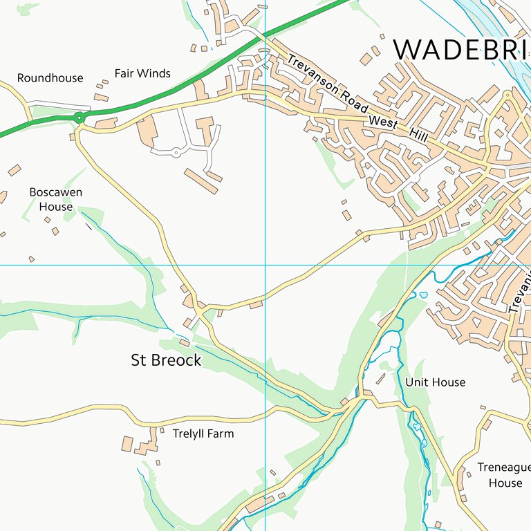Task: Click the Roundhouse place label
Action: tap(50, 78)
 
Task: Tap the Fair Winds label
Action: tap(142, 73)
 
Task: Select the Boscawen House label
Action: tap(55, 199)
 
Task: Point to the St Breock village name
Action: tap(166, 360)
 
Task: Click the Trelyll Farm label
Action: tap(203, 434)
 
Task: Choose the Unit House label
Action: tap(435, 382)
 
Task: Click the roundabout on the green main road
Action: tap(80, 118)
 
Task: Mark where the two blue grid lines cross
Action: tap(265, 265)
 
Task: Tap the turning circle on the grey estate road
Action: tap(176, 152)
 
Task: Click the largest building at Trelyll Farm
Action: tap(127, 442)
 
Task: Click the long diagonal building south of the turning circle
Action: tap(201, 180)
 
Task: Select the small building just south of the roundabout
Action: tap(72, 137)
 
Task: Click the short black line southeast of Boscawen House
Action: tap(88, 225)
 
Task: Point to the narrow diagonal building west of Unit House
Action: tap(380, 379)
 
